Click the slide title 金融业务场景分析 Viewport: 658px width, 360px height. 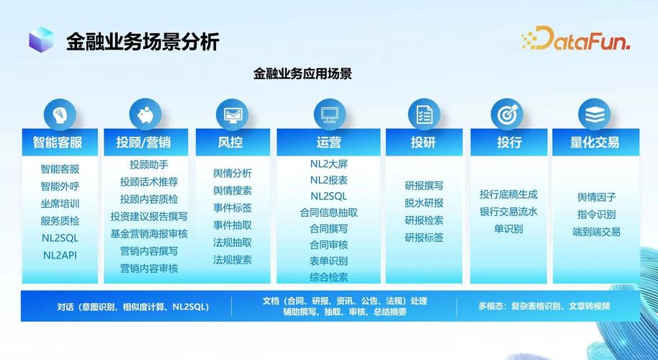pyautogui.click(x=143, y=41)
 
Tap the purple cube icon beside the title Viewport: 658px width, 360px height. pyautogui.click(x=41, y=40)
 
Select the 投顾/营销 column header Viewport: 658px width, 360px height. pyautogui.click(x=143, y=142)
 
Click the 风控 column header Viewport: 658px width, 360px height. pyautogui.click(x=230, y=142)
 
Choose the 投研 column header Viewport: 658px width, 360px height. pyautogui.click(x=423, y=142)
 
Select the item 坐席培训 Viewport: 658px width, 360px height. pyautogui.click(x=60, y=204)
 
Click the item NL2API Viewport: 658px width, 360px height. pyautogui.click(x=60, y=254)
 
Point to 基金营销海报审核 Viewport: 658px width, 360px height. pyautogui.click(x=149, y=233)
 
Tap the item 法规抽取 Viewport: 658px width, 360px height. pyautogui.click(x=233, y=243)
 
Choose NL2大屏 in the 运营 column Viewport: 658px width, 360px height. pyautogui.click(x=329, y=163)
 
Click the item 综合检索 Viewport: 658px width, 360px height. pyautogui.click(x=329, y=277)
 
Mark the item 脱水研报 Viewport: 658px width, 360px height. pyautogui.click(x=424, y=203)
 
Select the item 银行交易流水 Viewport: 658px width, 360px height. pyautogui.click(x=508, y=212)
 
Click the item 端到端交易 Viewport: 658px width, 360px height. pyautogui.click(x=596, y=232)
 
